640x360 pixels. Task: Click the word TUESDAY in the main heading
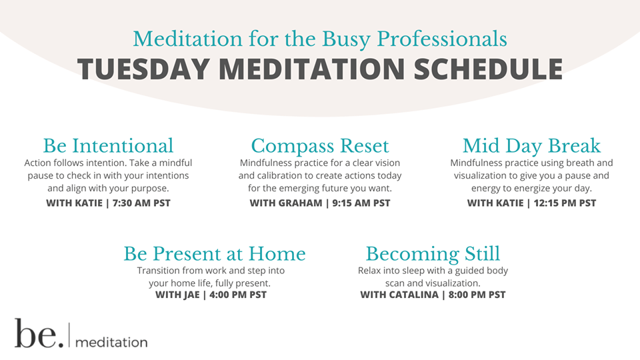(143, 69)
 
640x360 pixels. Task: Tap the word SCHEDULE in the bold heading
(489, 69)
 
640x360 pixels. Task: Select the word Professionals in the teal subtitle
(442, 39)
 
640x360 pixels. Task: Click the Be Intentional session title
(108, 146)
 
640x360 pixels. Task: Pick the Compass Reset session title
(320, 147)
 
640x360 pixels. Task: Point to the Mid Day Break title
(531, 146)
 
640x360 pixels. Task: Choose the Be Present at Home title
(215, 254)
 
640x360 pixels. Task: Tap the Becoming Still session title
(433, 254)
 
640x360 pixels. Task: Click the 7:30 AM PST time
(141, 203)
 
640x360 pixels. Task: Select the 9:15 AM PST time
(361, 203)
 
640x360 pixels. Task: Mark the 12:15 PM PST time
(565, 203)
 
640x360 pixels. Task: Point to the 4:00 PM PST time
(238, 295)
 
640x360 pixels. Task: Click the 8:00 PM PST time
(477, 295)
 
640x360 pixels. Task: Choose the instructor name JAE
(191, 295)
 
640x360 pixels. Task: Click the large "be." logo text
(39, 333)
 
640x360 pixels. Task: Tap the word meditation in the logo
(111, 342)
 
